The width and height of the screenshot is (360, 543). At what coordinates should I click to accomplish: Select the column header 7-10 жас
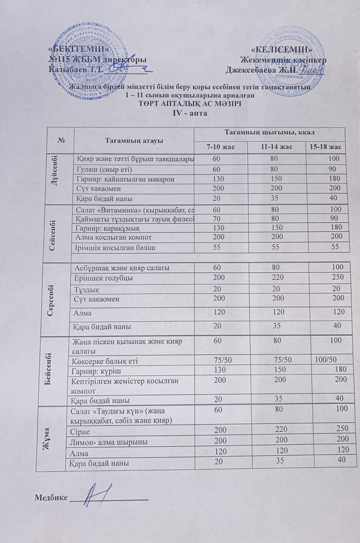221,147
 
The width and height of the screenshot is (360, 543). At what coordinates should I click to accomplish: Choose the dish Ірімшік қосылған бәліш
112,247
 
